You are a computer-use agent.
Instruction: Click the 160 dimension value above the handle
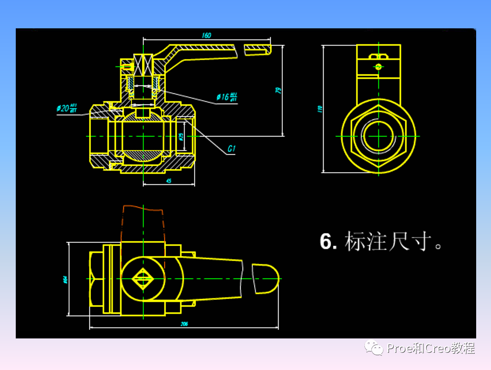[206, 35]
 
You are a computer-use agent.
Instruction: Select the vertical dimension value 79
[279, 90]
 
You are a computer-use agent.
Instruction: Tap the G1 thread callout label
[232, 149]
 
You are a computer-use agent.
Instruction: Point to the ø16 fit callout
[227, 97]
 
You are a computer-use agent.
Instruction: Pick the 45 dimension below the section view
[169, 181]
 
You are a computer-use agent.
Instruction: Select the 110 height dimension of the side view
[319, 109]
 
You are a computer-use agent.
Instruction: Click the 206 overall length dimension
[185, 324]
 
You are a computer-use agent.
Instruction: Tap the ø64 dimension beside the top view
[65, 279]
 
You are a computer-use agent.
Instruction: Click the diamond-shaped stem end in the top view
[143, 279]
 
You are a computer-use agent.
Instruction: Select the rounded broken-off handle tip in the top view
[267, 279]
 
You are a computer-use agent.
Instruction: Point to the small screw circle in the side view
[379, 67]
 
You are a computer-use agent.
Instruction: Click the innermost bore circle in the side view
[378, 136]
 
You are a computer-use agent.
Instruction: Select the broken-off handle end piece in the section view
[257, 49]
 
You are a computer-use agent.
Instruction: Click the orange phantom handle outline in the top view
[143, 223]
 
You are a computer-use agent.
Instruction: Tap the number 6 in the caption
[328, 242]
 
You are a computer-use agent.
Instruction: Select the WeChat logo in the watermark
[374, 347]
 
